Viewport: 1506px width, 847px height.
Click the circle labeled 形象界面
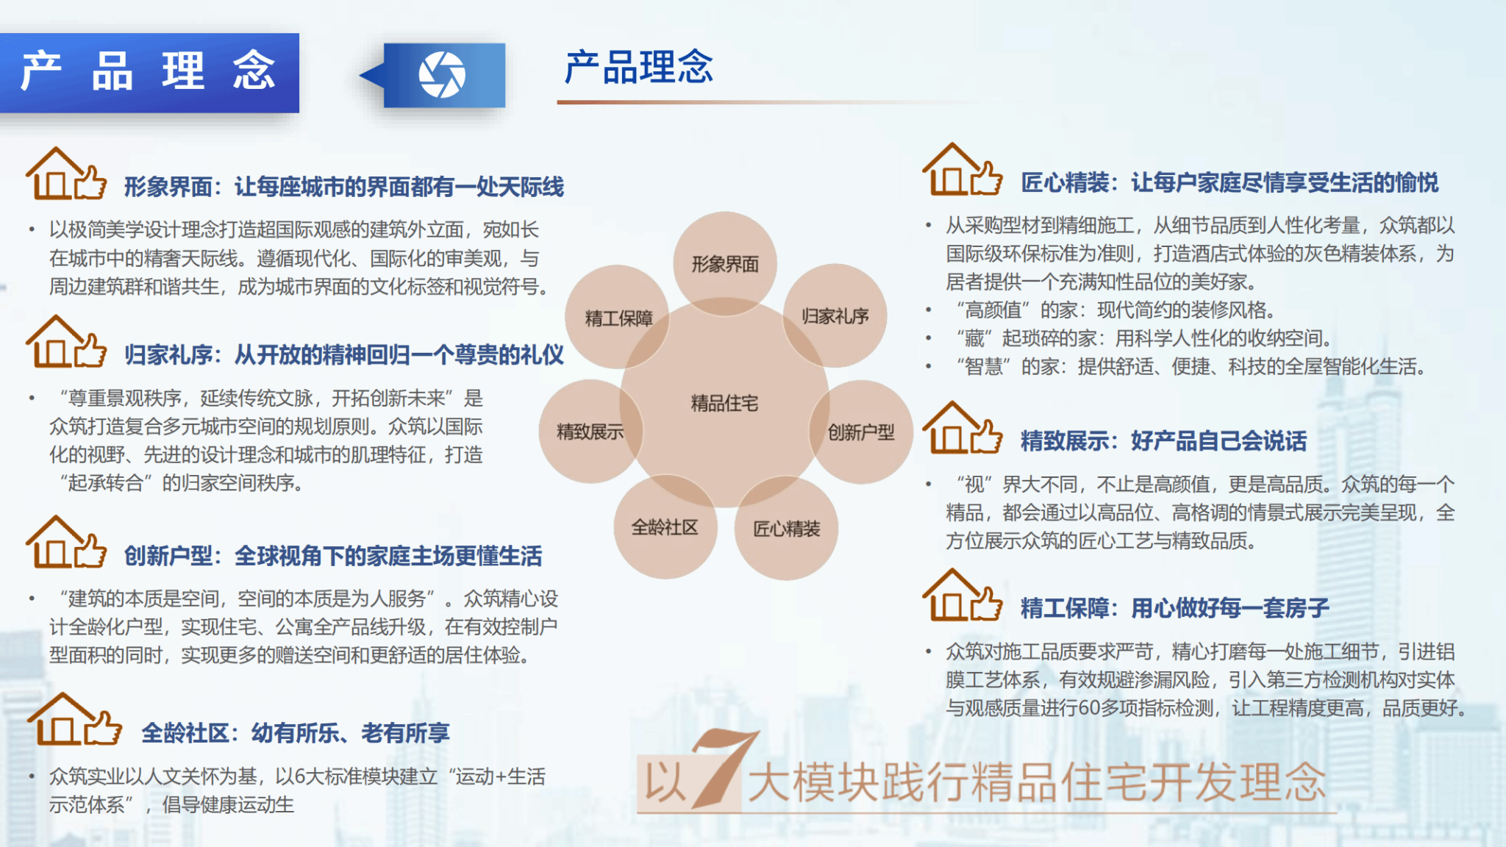pyautogui.click(x=725, y=263)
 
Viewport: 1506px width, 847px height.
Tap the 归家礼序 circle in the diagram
pyautogui.click(x=835, y=315)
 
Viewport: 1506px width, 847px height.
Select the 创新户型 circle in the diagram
pyautogui.click(x=861, y=432)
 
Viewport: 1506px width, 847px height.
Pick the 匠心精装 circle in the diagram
pyautogui.click(x=786, y=528)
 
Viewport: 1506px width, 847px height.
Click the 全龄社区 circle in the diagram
pyautogui.click(x=665, y=526)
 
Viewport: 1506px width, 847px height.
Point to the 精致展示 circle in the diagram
pyautogui.click(x=590, y=431)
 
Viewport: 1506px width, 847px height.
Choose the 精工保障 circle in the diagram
pyautogui.click(x=618, y=317)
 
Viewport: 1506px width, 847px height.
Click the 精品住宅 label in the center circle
pyautogui.click(x=724, y=403)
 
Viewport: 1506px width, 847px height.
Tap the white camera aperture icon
pyautogui.click(x=442, y=74)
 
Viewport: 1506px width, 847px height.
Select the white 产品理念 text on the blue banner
pyautogui.click(x=148, y=71)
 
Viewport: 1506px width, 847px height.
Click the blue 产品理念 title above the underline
pyautogui.click(x=639, y=67)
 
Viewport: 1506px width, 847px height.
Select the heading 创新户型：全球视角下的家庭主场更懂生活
pyautogui.click(x=333, y=556)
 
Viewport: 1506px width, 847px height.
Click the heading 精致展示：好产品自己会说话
pyautogui.click(x=1163, y=441)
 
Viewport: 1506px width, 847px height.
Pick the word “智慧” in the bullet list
pyautogui.click(x=984, y=366)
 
